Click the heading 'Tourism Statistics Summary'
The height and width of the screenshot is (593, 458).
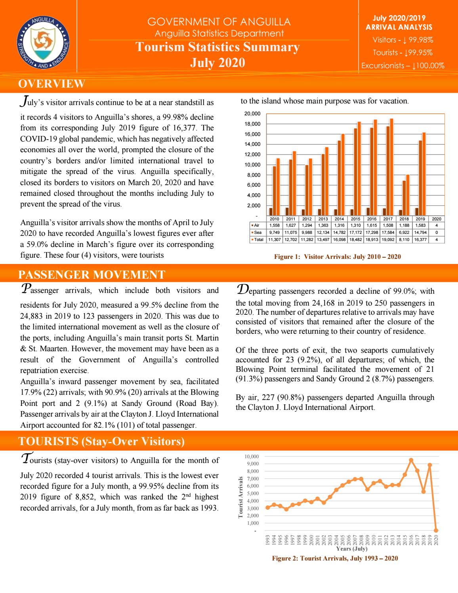point(218,47)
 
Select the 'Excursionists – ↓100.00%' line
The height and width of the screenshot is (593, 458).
point(403,66)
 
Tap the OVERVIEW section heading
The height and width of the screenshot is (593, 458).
point(52,84)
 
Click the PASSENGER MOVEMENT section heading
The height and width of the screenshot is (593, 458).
point(92,274)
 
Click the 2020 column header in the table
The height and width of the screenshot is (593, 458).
point(436,219)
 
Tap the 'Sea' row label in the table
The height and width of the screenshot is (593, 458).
point(258,232)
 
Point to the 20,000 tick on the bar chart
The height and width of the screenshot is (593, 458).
point(252,114)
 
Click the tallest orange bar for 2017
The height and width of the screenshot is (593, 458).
point(391,166)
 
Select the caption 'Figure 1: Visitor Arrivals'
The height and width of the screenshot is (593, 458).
point(337,257)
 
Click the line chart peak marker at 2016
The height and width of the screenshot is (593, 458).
point(411,460)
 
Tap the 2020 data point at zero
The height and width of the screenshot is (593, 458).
point(436,530)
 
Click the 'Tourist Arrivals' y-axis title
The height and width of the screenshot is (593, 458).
point(240,497)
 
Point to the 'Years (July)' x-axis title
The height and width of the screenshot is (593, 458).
point(351,549)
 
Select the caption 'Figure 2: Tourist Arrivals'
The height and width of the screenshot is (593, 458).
point(335,558)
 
